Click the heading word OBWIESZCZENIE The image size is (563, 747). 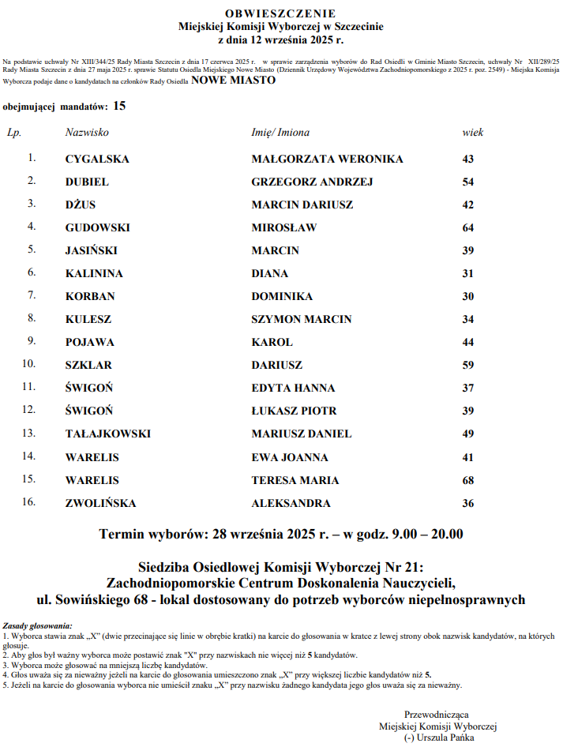[280, 13]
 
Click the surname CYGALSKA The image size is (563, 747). [97, 159]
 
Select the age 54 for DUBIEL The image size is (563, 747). [468, 182]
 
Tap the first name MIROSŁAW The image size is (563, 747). [284, 227]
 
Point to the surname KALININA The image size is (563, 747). [94, 273]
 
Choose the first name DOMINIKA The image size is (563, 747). [282, 296]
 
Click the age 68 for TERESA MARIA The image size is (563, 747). [468, 480]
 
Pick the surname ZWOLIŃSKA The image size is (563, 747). [100, 503]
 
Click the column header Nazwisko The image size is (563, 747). [87, 133]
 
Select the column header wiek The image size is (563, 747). [472, 133]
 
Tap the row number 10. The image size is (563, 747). [29, 365]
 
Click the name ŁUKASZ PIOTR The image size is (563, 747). [294, 411]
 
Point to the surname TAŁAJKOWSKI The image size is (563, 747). [107, 434]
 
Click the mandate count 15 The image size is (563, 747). [119, 104]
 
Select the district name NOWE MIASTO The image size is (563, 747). [233, 81]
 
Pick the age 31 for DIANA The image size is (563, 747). [468, 273]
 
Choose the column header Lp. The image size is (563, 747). [13, 133]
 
